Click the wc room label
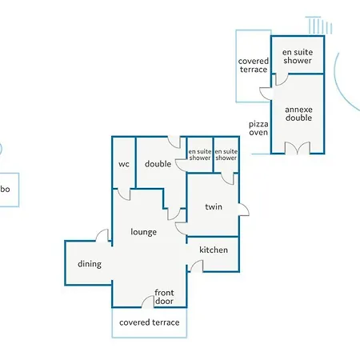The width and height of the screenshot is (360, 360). click(x=124, y=164)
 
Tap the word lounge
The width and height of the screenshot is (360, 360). click(x=143, y=232)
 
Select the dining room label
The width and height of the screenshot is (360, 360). click(x=90, y=264)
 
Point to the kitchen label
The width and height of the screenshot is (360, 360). click(x=214, y=250)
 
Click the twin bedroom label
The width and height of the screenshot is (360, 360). click(x=214, y=206)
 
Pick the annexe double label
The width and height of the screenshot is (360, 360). click(x=298, y=114)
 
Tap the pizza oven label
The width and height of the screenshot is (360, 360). click(x=258, y=128)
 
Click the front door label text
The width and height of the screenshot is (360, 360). click(x=164, y=297)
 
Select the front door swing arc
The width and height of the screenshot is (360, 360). click(x=144, y=298)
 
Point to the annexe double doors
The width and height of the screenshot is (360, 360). click(x=298, y=148)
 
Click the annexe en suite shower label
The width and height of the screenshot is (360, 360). click(x=298, y=56)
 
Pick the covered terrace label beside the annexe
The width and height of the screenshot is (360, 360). click(x=254, y=66)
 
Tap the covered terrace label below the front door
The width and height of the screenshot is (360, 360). click(x=150, y=322)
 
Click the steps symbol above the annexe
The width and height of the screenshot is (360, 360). click(x=319, y=26)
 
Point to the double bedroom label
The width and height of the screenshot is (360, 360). click(x=158, y=164)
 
